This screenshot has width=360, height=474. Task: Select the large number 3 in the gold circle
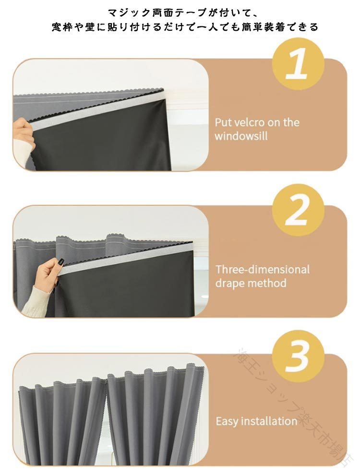point(298,357)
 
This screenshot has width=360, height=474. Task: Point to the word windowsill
point(241,136)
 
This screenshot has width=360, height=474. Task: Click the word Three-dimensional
point(263,269)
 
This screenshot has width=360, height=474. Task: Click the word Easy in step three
point(227,421)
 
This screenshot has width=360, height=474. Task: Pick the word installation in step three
point(269,421)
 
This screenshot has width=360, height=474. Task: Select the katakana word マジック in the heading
point(129,13)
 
